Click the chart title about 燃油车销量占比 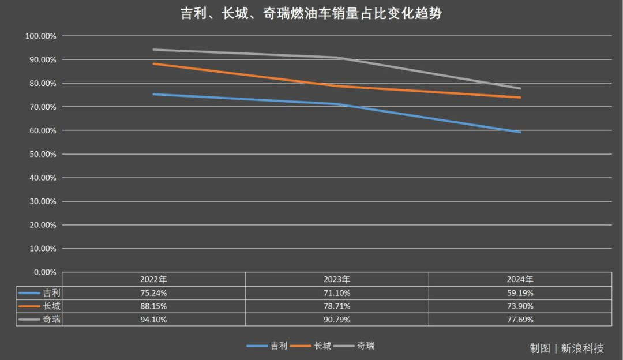point(311,13)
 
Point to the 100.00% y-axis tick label point(41,36)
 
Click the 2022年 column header point(153,279)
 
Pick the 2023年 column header point(337,279)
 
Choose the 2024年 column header point(520,279)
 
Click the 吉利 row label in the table point(51,292)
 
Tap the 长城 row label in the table point(51,306)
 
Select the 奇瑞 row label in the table point(51,319)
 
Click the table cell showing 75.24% point(153,292)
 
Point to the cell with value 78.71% point(337,306)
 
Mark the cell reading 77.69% point(520,319)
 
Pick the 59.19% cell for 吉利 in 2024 point(520,292)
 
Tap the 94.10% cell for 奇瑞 point(153,319)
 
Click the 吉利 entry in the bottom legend point(279,346)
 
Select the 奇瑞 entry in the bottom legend point(365,346)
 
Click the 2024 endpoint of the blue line point(520,132)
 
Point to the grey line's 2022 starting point point(153,50)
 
